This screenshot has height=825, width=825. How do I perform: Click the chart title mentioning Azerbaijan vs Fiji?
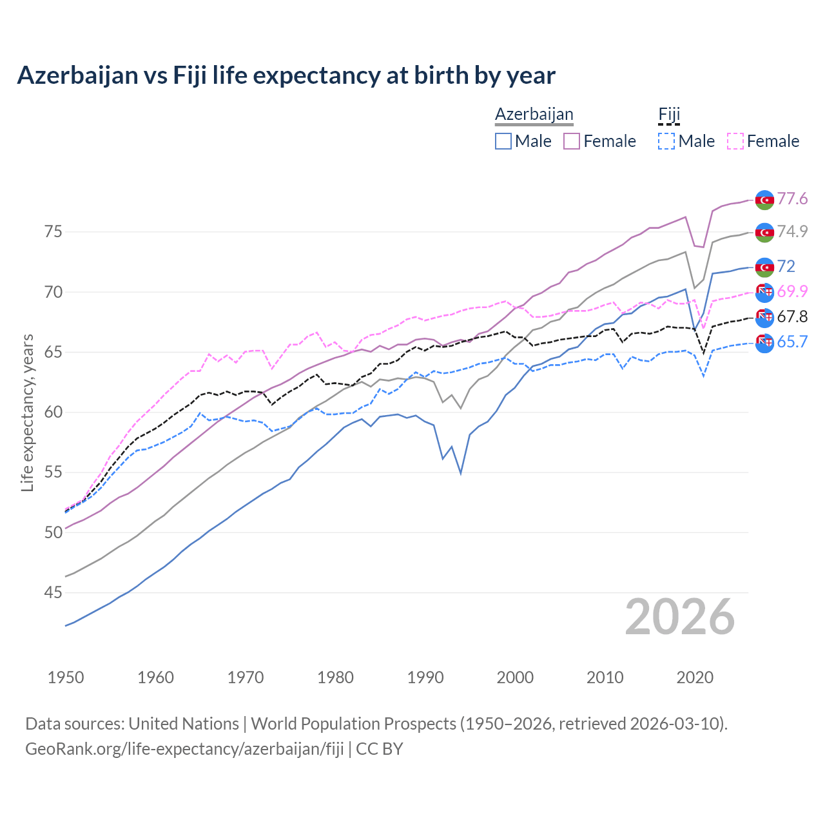(286, 75)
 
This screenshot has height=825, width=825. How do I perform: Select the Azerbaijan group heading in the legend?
(534, 114)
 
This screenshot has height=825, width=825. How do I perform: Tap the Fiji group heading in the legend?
(669, 114)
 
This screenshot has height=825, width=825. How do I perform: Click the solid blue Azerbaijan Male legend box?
(503, 141)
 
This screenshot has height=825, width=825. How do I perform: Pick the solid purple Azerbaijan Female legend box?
(572, 141)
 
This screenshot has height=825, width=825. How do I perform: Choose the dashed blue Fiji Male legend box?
(666, 141)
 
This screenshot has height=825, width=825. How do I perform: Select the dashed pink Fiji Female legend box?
(735, 141)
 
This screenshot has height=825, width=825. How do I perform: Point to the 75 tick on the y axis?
(53, 231)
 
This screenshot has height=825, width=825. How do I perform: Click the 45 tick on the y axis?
(53, 592)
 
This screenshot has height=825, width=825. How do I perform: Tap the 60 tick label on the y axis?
(53, 412)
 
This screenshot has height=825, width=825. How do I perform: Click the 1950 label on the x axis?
(66, 677)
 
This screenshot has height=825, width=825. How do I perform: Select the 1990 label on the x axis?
(425, 677)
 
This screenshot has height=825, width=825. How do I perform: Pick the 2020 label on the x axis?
(695, 677)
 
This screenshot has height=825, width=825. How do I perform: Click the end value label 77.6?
(792, 199)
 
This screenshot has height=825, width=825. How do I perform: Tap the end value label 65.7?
(792, 342)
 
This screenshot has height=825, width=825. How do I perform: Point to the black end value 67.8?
(792, 316)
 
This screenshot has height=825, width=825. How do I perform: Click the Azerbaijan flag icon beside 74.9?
(764, 232)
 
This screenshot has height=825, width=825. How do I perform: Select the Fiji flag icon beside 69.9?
(764, 292)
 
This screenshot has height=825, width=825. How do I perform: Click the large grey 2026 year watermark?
(679, 617)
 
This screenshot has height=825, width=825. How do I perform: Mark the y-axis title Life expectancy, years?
(27, 412)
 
